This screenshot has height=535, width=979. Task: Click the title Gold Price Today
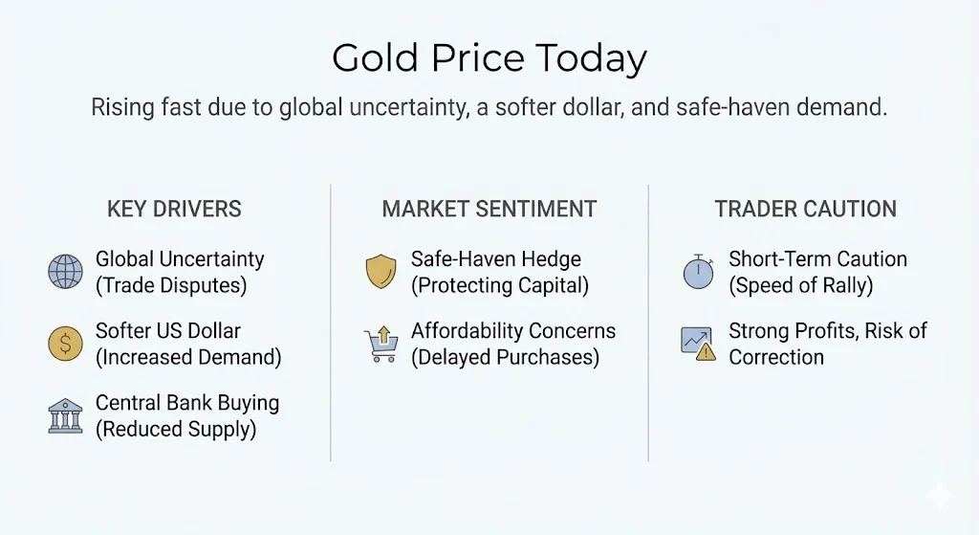coord(489,59)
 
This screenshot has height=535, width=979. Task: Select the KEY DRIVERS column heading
coord(174,210)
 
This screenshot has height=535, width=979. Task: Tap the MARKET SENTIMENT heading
coord(489,210)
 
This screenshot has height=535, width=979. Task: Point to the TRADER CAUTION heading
coord(805,210)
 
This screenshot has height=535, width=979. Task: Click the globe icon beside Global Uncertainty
coord(65,273)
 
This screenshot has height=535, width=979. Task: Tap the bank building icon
coord(65,416)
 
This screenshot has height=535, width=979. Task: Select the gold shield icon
coord(380,273)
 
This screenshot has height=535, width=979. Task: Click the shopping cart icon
coord(380,345)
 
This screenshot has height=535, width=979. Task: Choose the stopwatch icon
coord(697,272)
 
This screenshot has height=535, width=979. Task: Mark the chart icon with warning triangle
coord(698,344)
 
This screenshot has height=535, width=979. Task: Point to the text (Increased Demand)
coord(188,358)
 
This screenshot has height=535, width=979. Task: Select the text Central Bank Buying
coord(187,403)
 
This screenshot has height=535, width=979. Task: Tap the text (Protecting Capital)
coord(500,285)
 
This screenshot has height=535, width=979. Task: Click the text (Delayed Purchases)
coord(505,358)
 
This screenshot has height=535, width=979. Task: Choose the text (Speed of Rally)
coord(801,285)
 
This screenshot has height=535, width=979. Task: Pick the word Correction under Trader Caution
coord(776,358)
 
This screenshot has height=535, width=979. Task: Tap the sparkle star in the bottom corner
coord(939,496)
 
